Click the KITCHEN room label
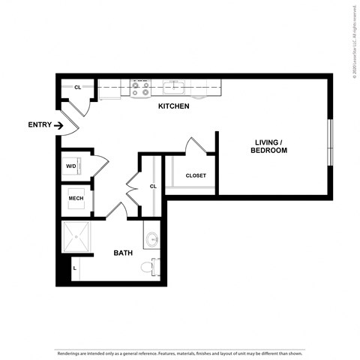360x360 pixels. [x=173, y=106]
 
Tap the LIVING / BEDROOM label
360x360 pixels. [x=269, y=146]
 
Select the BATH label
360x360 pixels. [x=123, y=253]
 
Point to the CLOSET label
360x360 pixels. [x=196, y=175]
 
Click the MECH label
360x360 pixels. [x=76, y=199]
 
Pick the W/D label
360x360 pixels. [x=71, y=166]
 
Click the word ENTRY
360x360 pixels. [x=38, y=124]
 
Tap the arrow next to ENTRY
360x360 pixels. [x=58, y=124]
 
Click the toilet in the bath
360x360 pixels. [x=154, y=265]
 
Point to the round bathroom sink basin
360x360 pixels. [x=152, y=241]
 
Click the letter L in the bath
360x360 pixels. [x=74, y=266]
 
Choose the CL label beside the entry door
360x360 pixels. [x=77, y=88]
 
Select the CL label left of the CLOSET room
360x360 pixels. [x=152, y=186]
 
